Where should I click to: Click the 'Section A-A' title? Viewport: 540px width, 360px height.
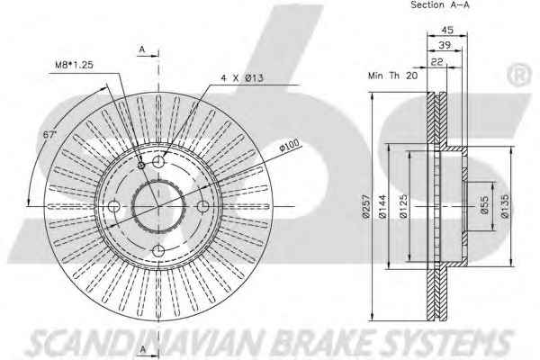[x=440, y=4]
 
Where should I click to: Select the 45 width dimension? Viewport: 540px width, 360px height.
[x=447, y=30]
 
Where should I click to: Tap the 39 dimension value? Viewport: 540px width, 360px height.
[x=445, y=45]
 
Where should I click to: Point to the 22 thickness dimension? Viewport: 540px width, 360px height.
[x=437, y=62]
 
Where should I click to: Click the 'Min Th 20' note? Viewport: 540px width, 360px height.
[x=392, y=76]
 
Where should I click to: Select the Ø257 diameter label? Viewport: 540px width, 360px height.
[x=365, y=206]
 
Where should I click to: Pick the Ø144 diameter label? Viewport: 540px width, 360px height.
[x=383, y=206]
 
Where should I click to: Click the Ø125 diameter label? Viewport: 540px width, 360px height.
[x=403, y=206]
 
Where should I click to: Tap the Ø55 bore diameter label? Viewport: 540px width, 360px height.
[x=484, y=205]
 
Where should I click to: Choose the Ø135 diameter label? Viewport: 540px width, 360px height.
[x=505, y=206]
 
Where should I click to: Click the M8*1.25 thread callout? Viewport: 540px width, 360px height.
[x=74, y=65]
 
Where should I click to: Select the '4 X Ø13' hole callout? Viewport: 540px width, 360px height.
[x=242, y=78]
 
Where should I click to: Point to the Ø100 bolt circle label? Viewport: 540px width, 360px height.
[x=289, y=145]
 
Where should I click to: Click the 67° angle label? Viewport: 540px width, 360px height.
[x=49, y=134]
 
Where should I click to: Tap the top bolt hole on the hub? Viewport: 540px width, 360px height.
[x=158, y=161]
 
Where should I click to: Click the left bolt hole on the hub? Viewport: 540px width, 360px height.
[x=113, y=206]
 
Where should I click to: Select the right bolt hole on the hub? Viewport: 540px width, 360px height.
[x=203, y=206]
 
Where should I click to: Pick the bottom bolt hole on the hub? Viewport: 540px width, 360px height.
[x=158, y=251]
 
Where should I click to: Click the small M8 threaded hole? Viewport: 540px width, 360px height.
[x=141, y=166]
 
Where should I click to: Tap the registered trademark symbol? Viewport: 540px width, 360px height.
[x=519, y=75]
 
